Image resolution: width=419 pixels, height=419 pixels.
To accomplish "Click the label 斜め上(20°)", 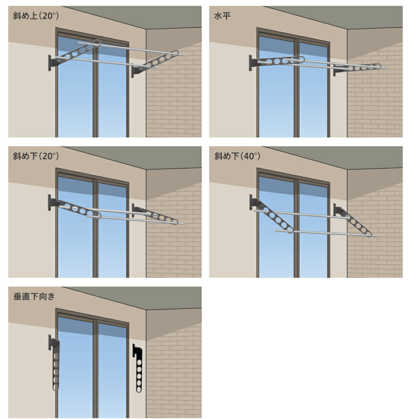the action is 36,16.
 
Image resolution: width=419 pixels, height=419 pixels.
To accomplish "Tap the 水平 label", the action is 222,16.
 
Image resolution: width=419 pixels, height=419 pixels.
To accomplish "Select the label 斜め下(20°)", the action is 36,156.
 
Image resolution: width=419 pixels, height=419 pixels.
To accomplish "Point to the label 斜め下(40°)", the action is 237,156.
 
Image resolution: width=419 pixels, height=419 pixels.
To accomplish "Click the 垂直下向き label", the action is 34,296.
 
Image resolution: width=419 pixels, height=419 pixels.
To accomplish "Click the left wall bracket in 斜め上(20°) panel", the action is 53,63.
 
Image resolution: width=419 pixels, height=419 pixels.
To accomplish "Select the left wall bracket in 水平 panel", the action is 253,63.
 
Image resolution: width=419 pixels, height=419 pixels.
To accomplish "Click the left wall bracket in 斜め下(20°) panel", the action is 53,202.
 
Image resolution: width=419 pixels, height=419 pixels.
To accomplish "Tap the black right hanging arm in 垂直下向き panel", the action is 138,369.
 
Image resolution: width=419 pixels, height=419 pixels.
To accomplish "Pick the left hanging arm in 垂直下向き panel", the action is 55,363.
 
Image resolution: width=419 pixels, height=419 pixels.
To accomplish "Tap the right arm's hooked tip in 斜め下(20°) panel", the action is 175,222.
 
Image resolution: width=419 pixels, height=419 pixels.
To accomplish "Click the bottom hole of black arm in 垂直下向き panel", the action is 139,389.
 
